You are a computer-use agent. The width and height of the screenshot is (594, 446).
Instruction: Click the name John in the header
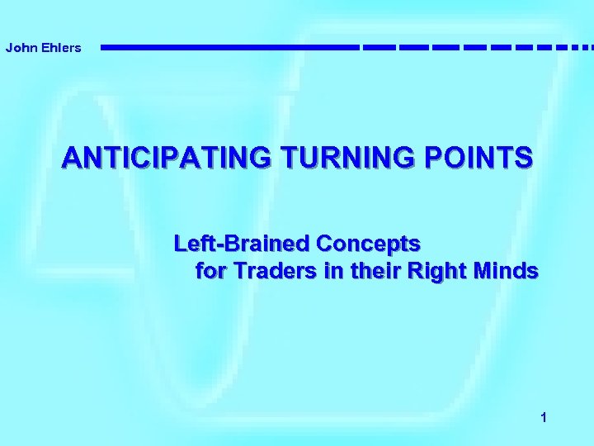point(20,48)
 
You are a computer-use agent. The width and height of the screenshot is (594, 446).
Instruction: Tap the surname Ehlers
point(59,48)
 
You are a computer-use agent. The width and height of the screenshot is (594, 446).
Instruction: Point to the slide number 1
point(543,419)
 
